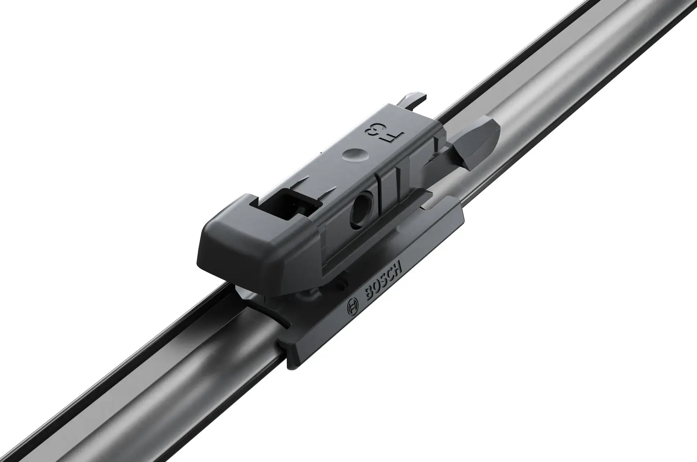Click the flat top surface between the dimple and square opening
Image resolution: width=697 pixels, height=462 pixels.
point(321,178)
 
